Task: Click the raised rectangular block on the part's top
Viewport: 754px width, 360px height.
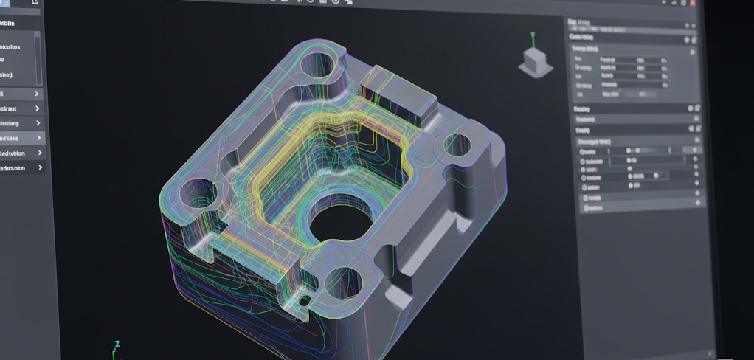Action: pos(400,91)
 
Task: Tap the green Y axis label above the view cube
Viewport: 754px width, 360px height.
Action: pos(533,35)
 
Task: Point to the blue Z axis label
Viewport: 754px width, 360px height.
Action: pos(117,344)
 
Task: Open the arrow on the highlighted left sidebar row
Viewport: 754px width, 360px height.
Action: pos(38,138)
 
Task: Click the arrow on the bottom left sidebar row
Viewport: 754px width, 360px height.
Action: pos(38,168)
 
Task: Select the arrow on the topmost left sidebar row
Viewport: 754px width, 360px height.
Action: pos(38,94)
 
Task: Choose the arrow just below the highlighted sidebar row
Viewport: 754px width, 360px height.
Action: pos(38,153)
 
